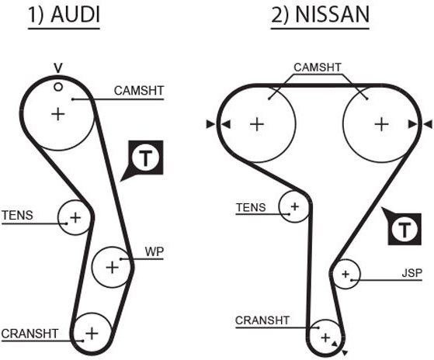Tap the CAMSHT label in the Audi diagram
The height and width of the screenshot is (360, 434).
tap(139, 91)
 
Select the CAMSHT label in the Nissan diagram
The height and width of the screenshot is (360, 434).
tap(318, 67)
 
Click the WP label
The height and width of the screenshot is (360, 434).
tap(155, 252)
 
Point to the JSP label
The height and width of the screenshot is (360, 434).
tap(411, 273)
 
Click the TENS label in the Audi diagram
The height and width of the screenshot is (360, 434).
tap(17, 216)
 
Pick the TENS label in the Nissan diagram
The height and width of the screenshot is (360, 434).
tap(251, 207)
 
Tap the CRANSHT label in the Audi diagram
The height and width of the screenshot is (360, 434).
tap(30, 334)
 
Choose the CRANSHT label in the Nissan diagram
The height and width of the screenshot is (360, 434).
tap(262, 320)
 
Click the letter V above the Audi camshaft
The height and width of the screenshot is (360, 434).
tap(58, 68)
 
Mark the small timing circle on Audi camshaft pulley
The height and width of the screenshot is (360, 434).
tap(58, 87)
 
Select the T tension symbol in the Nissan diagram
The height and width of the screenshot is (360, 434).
tap(404, 229)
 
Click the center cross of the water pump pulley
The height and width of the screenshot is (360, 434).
tap(113, 267)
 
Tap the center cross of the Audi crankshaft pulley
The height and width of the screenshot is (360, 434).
tap(92, 334)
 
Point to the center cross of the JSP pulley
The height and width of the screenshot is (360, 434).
tap(345, 275)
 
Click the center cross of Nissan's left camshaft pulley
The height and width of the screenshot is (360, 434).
tap(257, 124)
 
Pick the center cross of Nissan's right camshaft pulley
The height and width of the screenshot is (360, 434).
tap(381, 124)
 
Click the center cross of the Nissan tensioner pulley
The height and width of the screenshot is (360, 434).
tap(295, 206)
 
